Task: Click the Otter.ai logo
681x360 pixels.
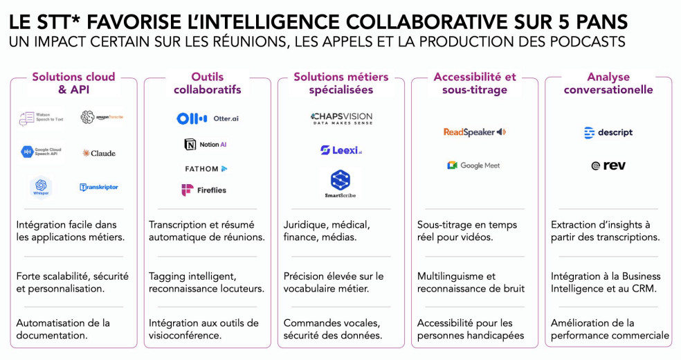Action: pyautogui.click(x=208, y=118)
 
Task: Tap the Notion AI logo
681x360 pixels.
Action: pyautogui.click(x=205, y=144)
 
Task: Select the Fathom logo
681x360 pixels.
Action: pyautogui.click(x=206, y=168)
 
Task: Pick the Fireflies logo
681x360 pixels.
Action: pyautogui.click(x=203, y=190)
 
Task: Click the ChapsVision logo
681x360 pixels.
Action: pyautogui.click(x=341, y=118)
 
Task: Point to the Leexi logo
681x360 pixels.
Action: pyautogui.click(x=341, y=150)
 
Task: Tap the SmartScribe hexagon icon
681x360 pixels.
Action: pyautogui.click(x=340, y=180)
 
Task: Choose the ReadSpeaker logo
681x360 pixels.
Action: pyautogui.click(x=475, y=132)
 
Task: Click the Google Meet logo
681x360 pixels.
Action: pyautogui.click(x=473, y=165)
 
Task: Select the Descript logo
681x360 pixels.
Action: pyautogui.click(x=608, y=133)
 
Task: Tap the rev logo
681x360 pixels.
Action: pyautogui.click(x=608, y=165)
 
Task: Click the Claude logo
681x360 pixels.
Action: pyautogui.click(x=98, y=153)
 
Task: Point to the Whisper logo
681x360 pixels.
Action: pyautogui.click(x=41, y=186)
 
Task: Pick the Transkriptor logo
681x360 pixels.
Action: pyautogui.click(x=99, y=187)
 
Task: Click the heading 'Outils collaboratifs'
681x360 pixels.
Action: pyautogui.click(x=207, y=83)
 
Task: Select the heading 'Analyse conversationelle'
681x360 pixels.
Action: pyautogui.click(x=608, y=83)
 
